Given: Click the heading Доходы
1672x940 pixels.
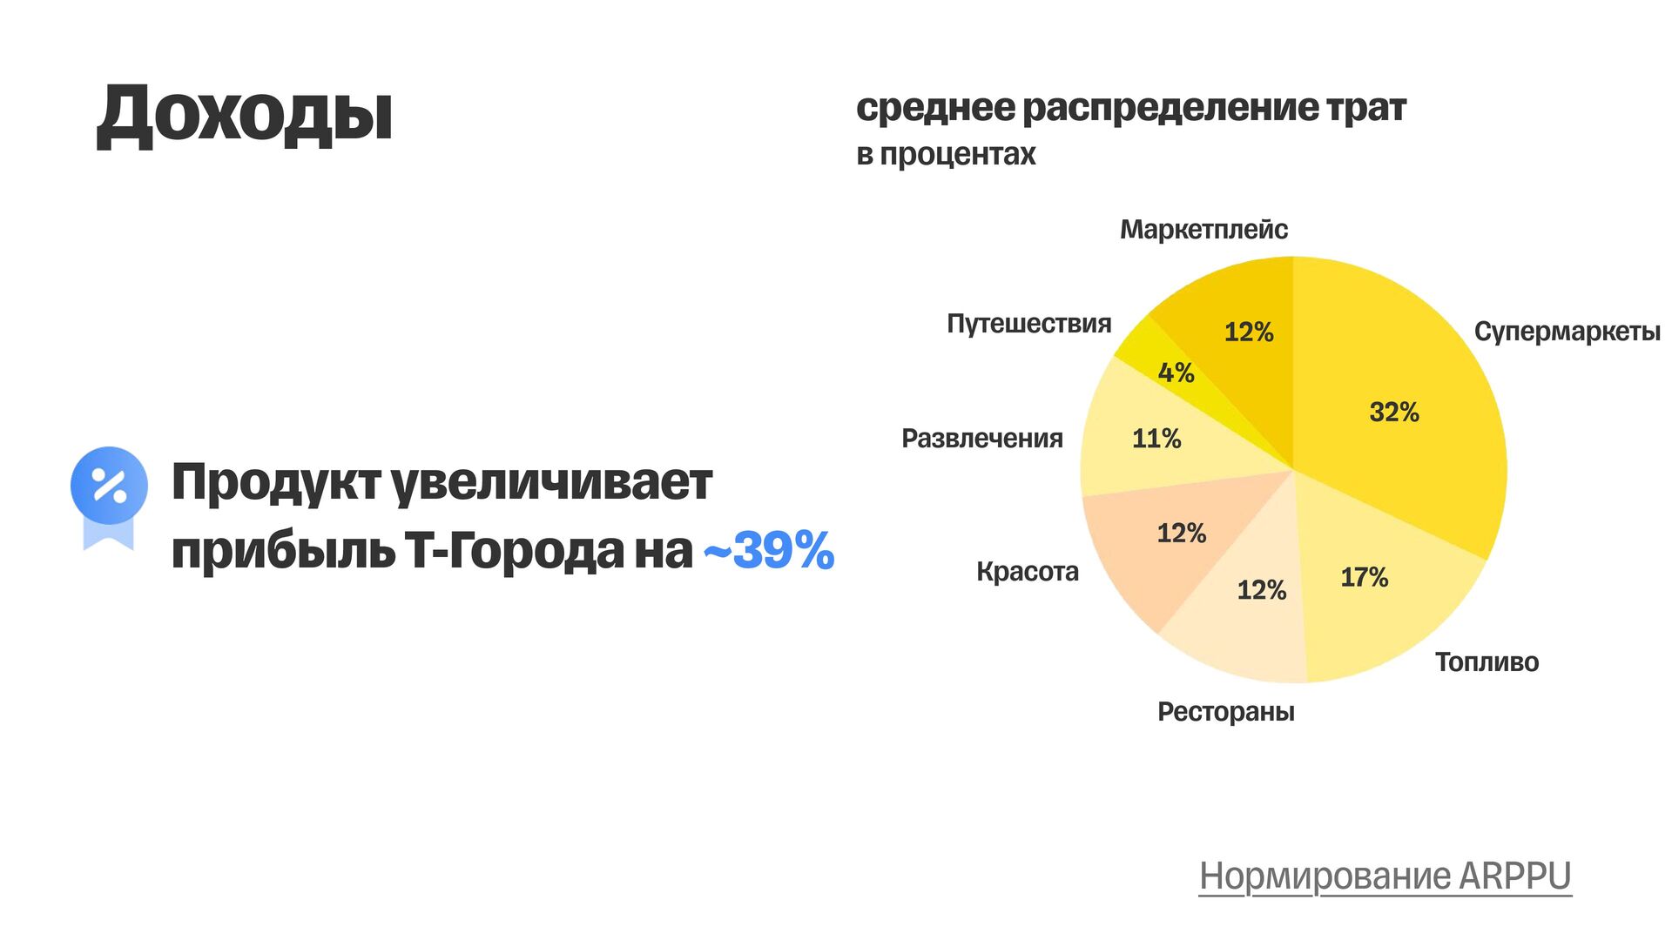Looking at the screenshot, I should click(x=245, y=115).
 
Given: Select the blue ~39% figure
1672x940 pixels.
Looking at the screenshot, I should click(x=769, y=550).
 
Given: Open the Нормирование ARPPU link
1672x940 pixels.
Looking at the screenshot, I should click(x=1385, y=876).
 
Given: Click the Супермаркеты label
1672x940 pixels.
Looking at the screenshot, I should click(x=1567, y=332).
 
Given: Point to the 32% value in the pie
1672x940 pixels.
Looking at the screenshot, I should click(x=1394, y=412).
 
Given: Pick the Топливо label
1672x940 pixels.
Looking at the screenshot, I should click(x=1487, y=662).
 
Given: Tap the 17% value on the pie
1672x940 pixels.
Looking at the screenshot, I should click(x=1364, y=577).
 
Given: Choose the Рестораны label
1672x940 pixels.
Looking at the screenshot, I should click(x=1225, y=712).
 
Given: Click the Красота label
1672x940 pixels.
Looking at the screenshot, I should click(x=1027, y=572).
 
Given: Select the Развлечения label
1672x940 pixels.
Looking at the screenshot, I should click(x=981, y=439).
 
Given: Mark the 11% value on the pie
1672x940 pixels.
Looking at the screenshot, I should click(x=1156, y=439).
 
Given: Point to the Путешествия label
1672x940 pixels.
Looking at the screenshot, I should click(x=1028, y=324).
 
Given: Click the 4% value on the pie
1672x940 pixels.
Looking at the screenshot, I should click(x=1176, y=373).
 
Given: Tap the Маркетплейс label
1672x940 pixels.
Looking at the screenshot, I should click(x=1203, y=230).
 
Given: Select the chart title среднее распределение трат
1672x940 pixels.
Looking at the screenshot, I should click(x=1130, y=108).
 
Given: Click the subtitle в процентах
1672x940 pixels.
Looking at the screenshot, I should click(x=946, y=154).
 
